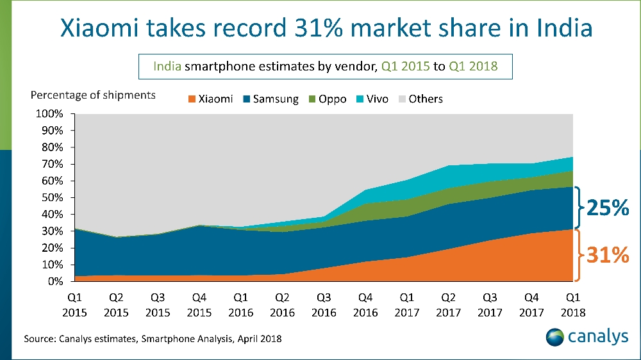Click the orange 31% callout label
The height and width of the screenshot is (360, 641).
(608, 256)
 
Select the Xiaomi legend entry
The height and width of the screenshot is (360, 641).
(210, 99)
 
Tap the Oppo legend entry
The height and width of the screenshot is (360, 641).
(327, 99)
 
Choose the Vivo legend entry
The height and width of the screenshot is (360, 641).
(372, 99)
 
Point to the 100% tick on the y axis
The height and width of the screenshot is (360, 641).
(50, 114)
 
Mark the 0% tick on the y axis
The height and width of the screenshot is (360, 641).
(56, 281)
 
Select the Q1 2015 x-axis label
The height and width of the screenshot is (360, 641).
(75, 305)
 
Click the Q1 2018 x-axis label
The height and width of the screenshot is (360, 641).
(572, 305)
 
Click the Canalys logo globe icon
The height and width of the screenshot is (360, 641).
(556, 337)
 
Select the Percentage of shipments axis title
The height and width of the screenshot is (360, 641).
(93, 95)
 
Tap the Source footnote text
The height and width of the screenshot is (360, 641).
(153, 338)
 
